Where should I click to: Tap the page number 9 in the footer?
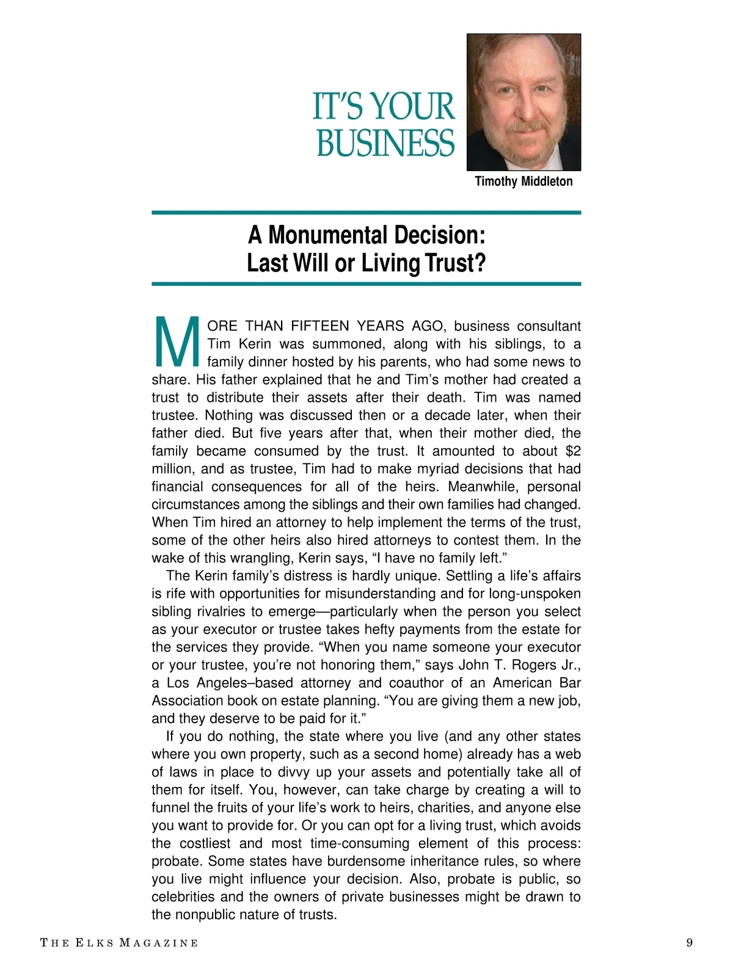[690, 942]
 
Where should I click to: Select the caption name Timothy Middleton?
[523, 182]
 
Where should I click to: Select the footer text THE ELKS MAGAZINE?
[119, 943]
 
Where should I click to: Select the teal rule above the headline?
[366, 213]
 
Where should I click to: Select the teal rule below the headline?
[366, 284]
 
